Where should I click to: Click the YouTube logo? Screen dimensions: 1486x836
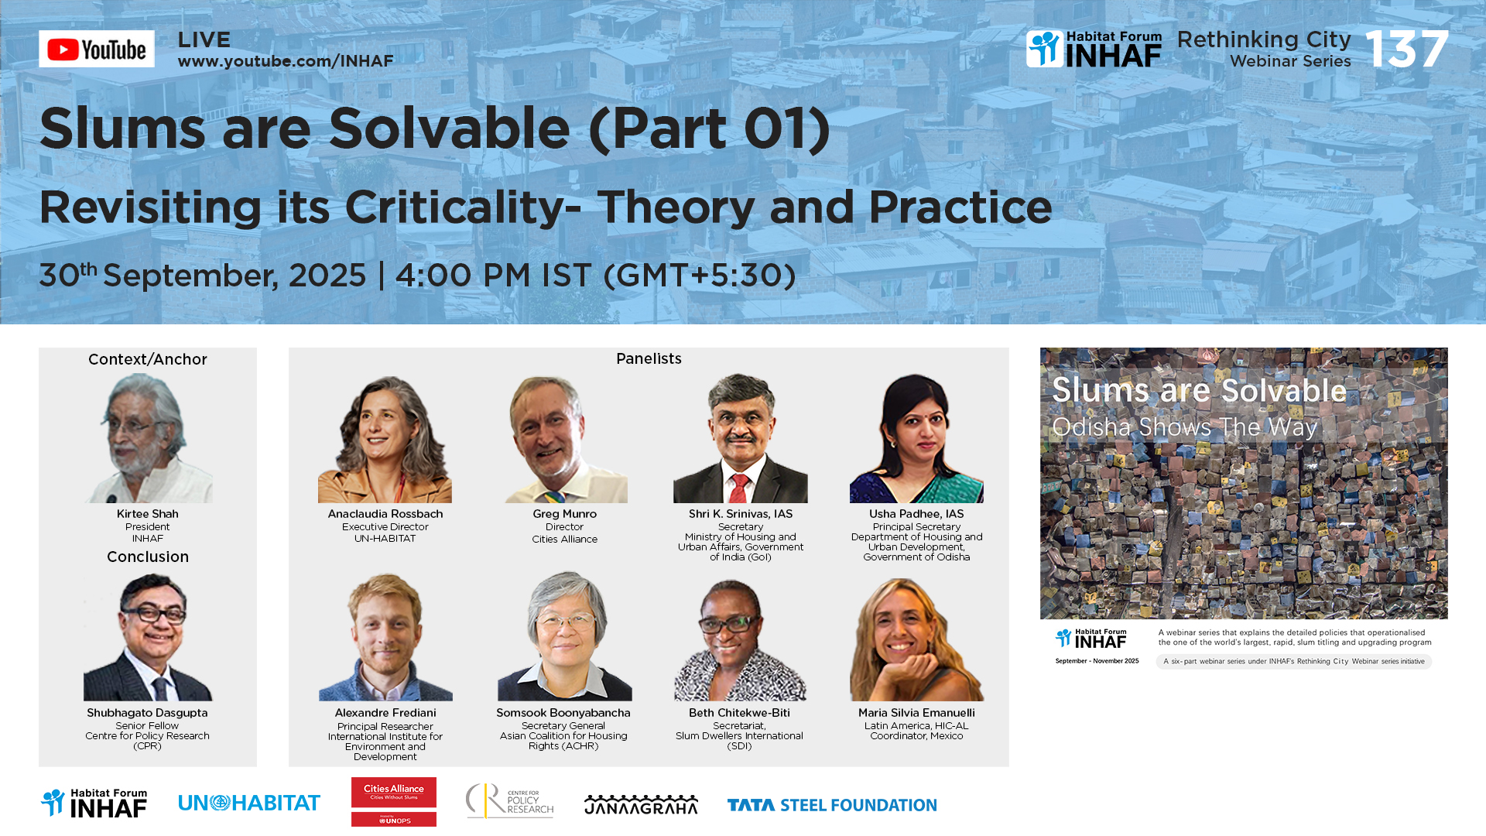(x=97, y=49)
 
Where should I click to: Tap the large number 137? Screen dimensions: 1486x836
(x=1406, y=49)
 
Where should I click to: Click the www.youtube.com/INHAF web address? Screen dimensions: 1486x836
(x=286, y=61)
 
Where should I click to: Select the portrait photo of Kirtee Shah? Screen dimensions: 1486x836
(x=148, y=438)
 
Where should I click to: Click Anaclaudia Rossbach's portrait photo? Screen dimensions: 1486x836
(x=385, y=439)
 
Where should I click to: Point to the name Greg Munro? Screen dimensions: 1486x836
(x=564, y=514)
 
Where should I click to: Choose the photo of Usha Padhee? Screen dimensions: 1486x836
(x=916, y=438)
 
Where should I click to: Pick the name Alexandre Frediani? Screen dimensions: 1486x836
(x=385, y=713)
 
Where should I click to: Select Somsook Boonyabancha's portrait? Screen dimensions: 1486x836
(x=564, y=636)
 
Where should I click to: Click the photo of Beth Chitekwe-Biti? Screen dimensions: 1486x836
(x=740, y=637)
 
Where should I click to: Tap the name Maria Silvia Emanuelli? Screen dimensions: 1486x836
(x=916, y=713)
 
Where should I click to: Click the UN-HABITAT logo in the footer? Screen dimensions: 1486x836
(x=249, y=803)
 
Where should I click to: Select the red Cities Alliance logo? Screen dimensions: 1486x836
(x=394, y=802)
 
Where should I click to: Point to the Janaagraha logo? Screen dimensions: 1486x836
(x=641, y=804)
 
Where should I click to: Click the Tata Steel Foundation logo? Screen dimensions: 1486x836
(x=832, y=805)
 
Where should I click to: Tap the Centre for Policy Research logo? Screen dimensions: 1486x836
(x=509, y=801)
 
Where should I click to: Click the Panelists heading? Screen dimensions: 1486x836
(x=649, y=358)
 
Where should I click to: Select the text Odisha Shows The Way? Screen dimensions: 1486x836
(x=1184, y=427)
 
